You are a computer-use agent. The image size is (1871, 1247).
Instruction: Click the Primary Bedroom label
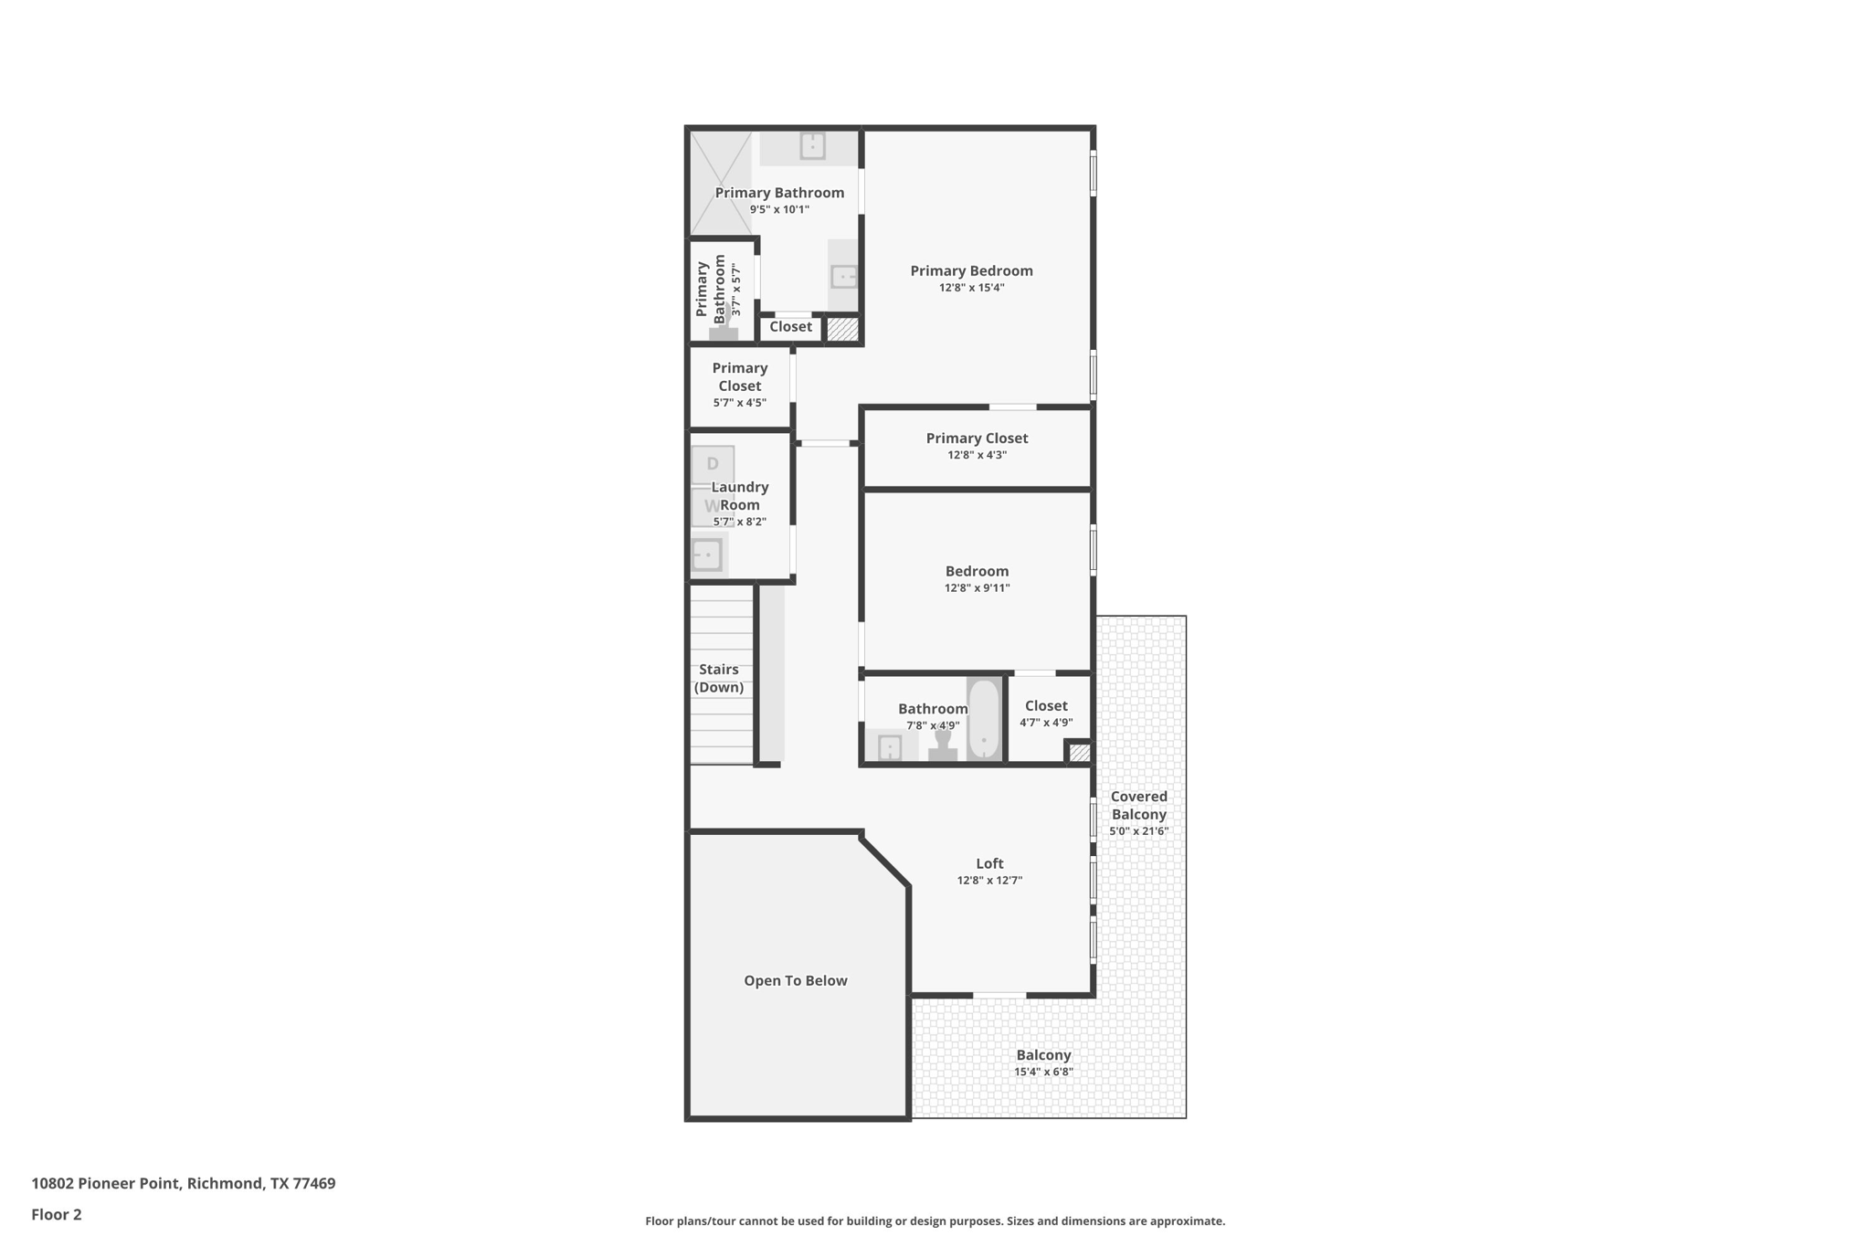[x=971, y=270]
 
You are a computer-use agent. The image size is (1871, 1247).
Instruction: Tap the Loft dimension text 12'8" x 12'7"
[x=989, y=881]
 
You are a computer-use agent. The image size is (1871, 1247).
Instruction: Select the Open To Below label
[x=795, y=980]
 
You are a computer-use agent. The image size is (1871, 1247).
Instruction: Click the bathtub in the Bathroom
[x=984, y=719]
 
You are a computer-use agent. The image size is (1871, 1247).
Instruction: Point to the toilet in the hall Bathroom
[x=943, y=745]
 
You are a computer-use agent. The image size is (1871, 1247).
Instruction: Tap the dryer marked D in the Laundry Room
[x=713, y=464]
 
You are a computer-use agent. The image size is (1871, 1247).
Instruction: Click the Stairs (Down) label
[x=719, y=678]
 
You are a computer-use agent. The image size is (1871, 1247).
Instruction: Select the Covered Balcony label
[x=1138, y=805]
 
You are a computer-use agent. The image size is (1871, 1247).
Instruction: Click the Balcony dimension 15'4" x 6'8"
[x=1043, y=1072]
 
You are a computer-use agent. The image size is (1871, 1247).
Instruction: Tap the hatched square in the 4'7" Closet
[x=1080, y=753]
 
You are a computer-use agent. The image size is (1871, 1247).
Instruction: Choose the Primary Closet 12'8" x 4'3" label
[x=977, y=439]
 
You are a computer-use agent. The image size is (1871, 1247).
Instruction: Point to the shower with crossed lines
[x=720, y=183]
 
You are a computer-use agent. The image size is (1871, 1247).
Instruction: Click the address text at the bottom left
[x=184, y=1183]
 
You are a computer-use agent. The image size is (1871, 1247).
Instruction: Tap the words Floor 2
[x=57, y=1214]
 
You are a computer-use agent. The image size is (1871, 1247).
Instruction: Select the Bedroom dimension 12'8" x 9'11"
[x=977, y=588]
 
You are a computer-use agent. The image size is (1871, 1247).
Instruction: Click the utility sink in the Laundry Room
[x=707, y=555]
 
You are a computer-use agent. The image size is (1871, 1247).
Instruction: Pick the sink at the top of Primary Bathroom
[x=812, y=146]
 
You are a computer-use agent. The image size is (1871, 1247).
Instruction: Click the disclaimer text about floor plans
[x=935, y=1221]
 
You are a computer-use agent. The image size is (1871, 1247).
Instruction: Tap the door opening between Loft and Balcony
[x=999, y=995]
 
